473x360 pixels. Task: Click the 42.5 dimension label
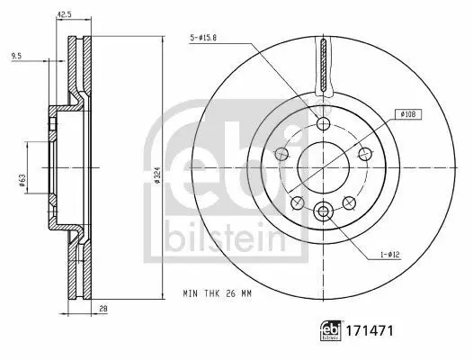[64, 14]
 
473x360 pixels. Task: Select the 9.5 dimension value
[16, 56]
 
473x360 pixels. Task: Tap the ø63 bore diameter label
[22, 180]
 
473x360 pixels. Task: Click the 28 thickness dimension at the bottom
[103, 309]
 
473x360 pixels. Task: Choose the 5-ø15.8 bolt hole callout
[203, 38]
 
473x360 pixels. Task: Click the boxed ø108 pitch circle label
[408, 114]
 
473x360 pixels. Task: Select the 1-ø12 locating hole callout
[389, 255]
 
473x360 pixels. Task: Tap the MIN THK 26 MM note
[218, 293]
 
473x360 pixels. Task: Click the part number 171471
[370, 330]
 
